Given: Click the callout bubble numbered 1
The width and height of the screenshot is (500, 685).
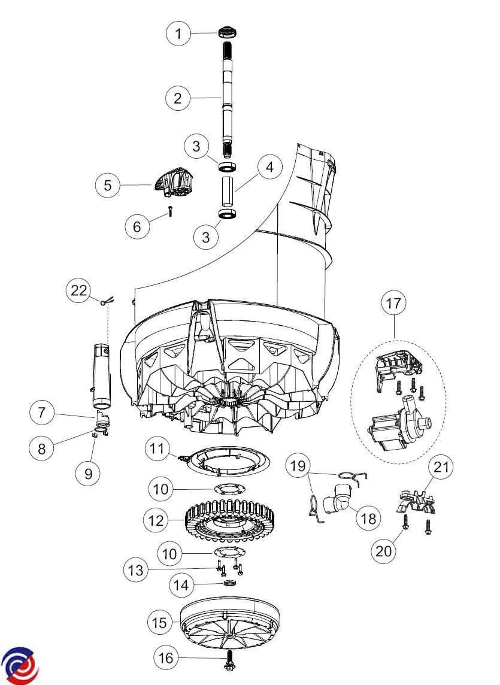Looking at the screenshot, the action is [x=178, y=33].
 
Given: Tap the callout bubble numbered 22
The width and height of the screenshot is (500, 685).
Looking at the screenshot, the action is [x=78, y=290].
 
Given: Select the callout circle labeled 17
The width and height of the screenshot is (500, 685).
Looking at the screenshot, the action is [x=393, y=303].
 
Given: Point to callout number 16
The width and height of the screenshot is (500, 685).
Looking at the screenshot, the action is [x=166, y=657].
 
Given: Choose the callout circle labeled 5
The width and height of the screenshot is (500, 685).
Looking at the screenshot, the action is [x=108, y=185].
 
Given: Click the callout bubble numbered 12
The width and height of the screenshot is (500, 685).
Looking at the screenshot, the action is [x=156, y=520].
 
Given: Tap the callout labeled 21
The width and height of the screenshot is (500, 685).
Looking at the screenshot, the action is [x=441, y=467].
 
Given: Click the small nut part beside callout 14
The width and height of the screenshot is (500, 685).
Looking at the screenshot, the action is [x=229, y=583].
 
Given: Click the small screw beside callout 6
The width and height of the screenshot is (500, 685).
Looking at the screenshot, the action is [x=169, y=212].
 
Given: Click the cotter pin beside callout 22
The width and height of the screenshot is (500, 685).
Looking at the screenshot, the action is [x=108, y=301].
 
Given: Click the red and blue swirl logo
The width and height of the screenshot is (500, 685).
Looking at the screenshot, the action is [x=20, y=665].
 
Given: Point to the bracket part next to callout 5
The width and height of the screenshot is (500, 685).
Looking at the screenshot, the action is [x=174, y=182].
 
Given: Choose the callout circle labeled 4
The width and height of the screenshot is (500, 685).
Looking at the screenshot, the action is [x=269, y=166].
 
